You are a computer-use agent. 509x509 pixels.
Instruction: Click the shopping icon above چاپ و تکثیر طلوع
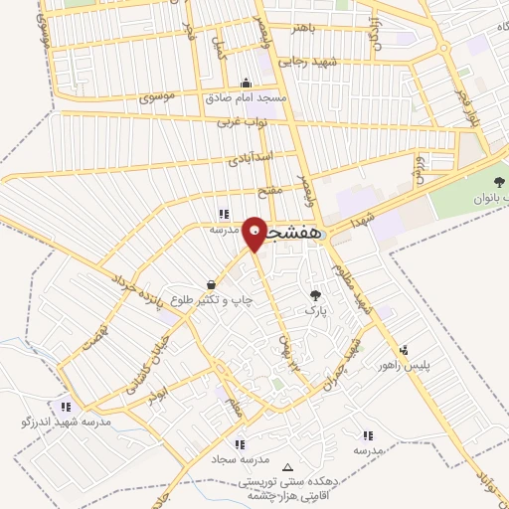(210, 283)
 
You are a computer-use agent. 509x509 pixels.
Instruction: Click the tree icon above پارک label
(316, 295)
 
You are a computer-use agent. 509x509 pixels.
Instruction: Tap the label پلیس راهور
(409, 366)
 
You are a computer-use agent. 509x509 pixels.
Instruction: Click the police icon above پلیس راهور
(404, 350)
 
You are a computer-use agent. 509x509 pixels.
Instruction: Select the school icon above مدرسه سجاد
(240, 444)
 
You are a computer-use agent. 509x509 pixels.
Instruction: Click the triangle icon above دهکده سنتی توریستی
(288, 467)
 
